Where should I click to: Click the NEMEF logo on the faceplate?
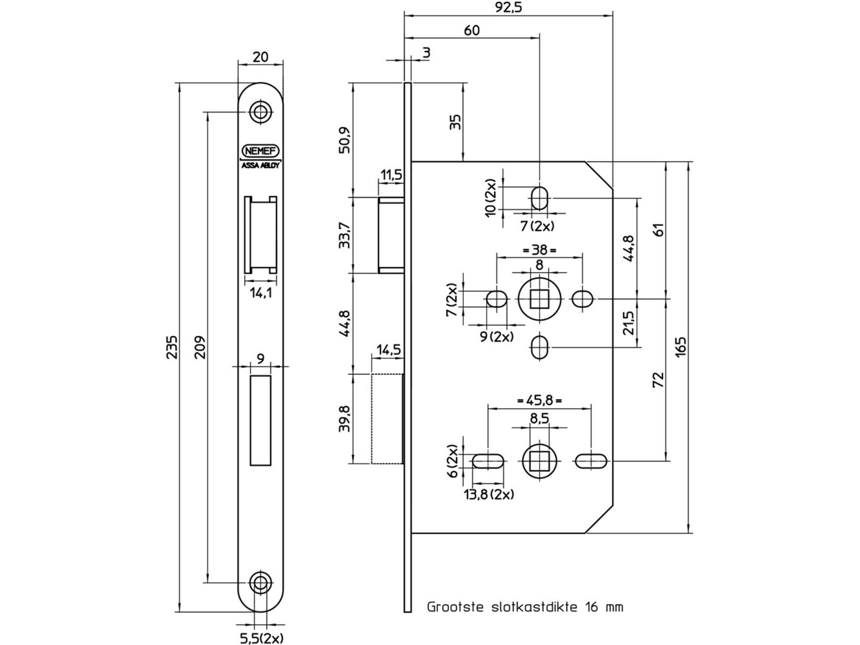pos(261,151)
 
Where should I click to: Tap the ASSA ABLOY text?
pos(261,165)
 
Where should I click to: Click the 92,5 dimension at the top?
pos(508,7)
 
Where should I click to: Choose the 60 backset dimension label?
pos(472,31)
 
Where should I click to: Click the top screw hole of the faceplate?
pos(260,113)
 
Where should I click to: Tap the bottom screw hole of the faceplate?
pos(260,583)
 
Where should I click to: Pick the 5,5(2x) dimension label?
pos(261,638)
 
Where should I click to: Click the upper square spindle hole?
pos(539,299)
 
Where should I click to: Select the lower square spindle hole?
pos(539,461)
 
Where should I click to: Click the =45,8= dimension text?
pos(539,400)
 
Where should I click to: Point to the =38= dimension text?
pos(539,250)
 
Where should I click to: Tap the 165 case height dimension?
pos(681,347)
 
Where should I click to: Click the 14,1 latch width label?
pos(261,293)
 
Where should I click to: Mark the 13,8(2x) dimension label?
pos(489,494)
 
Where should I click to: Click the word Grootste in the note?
pos(455,607)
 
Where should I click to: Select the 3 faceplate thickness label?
pos(427,53)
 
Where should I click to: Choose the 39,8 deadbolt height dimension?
pos(345,419)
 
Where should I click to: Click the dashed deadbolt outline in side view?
pos(372,419)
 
